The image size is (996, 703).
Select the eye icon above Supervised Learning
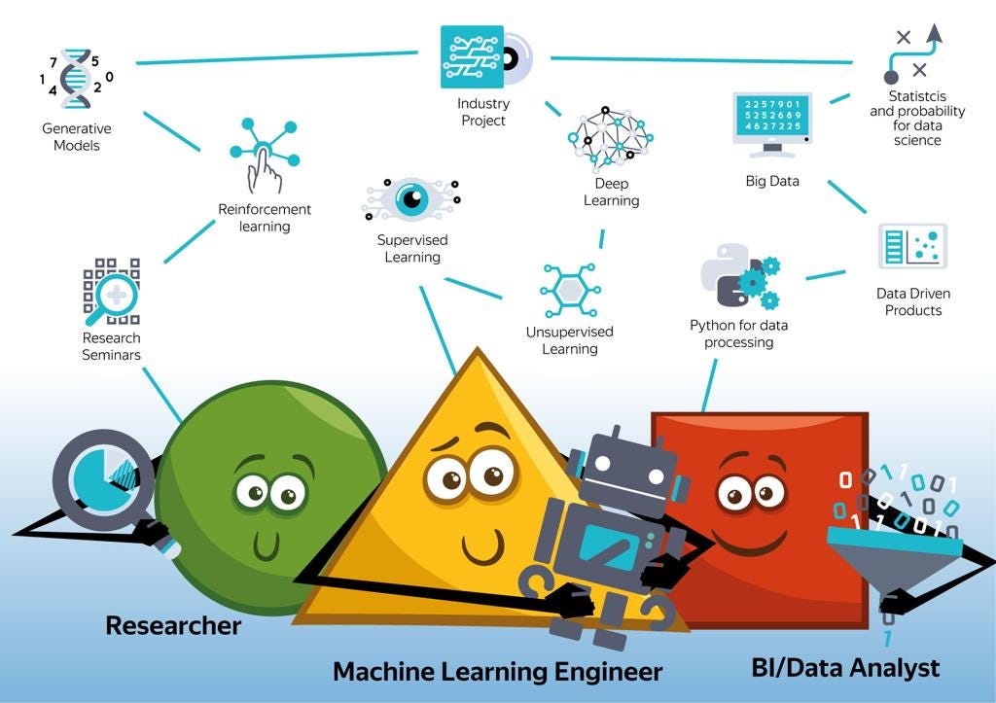pyautogui.click(x=411, y=200)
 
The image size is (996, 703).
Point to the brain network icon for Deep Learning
pyautogui.click(x=610, y=139)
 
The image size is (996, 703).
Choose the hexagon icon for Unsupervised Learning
pyautogui.click(x=570, y=289)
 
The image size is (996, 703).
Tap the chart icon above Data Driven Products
pyautogui.click(x=912, y=246)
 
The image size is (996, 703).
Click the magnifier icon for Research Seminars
pyautogui.click(x=111, y=291)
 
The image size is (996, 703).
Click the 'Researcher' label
pyautogui.click(x=173, y=625)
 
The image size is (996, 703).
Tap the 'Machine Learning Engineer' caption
pyautogui.click(x=497, y=671)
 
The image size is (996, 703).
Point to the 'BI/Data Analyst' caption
pyautogui.click(x=845, y=668)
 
